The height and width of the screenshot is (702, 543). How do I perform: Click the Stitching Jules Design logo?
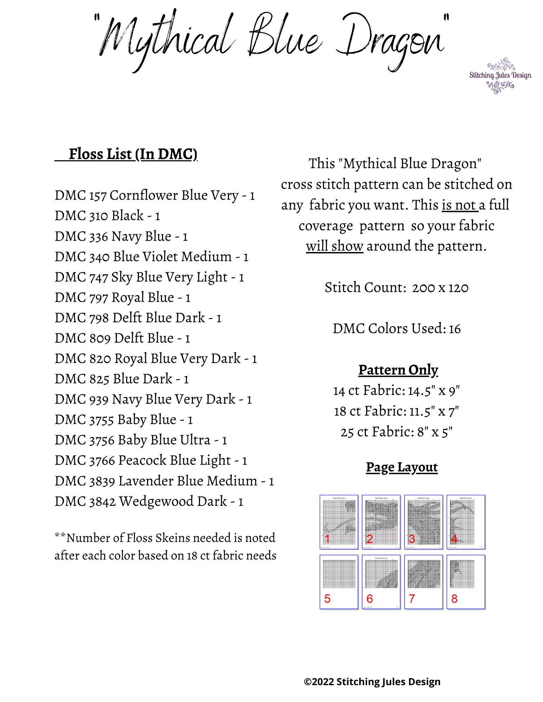click(500, 75)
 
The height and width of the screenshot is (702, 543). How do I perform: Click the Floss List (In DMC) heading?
click(132, 154)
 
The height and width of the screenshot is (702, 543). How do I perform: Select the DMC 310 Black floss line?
click(107, 216)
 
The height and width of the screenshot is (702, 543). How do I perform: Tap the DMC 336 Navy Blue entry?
click(121, 236)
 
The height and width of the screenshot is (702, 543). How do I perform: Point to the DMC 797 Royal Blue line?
click(122, 297)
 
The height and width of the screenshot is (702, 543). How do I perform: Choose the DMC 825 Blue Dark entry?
click(122, 379)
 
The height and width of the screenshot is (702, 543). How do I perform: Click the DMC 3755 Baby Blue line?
click(123, 419)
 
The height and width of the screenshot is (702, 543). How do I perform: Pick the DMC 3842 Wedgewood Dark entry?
click(149, 501)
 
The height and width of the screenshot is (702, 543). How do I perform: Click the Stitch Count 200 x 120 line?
click(396, 287)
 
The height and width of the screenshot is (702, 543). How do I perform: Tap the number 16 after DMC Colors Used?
click(454, 329)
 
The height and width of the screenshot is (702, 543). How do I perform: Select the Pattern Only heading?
click(398, 370)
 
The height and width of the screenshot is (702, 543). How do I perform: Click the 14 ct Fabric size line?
click(396, 390)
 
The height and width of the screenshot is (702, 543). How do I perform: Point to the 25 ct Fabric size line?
click(396, 432)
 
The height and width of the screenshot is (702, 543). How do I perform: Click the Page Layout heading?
click(402, 467)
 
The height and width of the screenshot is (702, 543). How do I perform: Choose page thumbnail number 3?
click(424, 522)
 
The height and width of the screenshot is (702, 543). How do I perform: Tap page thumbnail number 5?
click(339, 582)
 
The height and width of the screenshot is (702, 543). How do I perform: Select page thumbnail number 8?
click(466, 582)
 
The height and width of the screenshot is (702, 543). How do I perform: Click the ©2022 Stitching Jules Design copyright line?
click(372, 682)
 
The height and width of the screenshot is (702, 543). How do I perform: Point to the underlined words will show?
click(334, 246)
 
